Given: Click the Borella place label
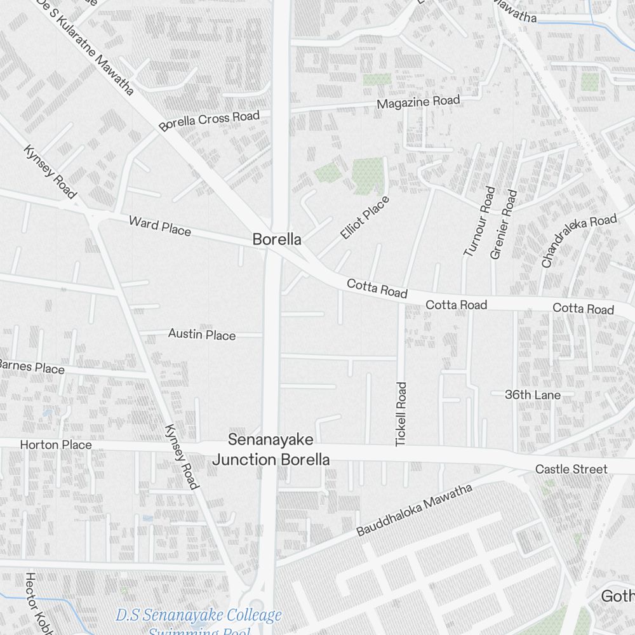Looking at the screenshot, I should coord(276,240).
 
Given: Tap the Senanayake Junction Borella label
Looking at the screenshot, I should coord(271,450).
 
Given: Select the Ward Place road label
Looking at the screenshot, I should coord(159,225).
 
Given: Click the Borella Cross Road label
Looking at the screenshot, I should coord(210,121).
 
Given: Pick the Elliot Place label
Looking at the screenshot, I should coord(364,218).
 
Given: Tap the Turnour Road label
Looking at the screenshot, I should coord(479,222).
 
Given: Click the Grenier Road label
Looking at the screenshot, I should coord(504,224).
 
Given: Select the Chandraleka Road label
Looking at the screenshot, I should coord(578,239).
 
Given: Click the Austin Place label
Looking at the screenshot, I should coord(201,334).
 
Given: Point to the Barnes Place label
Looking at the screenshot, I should coord(31,366).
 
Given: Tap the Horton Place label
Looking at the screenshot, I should coord(56,444).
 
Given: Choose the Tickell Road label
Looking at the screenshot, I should coord(401,413).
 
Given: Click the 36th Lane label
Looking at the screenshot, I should coord(533,395).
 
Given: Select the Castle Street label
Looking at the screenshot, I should coord(571,469).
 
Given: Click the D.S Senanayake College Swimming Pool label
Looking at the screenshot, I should coord(199,621).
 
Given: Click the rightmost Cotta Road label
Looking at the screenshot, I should coord(583,309).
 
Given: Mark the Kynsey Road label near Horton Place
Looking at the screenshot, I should coord(181,456).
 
